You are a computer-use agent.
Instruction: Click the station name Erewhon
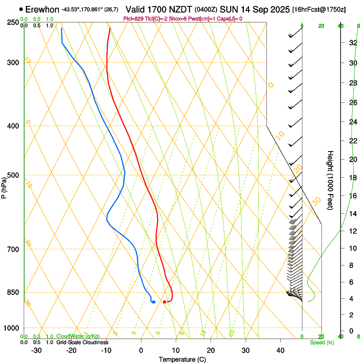click(42, 9)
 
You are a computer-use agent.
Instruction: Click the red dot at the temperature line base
click(164, 302)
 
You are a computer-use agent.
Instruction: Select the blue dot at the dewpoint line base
click(153, 302)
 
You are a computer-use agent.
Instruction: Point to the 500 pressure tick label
click(13, 175)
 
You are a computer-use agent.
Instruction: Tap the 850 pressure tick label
click(13, 292)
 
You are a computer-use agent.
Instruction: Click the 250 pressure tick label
click(13, 22)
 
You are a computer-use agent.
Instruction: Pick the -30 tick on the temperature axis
click(36, 350)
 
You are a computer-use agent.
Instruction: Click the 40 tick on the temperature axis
click(280, 350)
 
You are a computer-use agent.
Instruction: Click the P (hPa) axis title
click(4, 186)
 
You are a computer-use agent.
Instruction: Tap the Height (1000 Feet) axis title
click(331, 180)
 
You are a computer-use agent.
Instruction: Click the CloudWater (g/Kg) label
click(78, 336)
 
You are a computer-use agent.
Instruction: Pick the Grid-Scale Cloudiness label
click(82, 342)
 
